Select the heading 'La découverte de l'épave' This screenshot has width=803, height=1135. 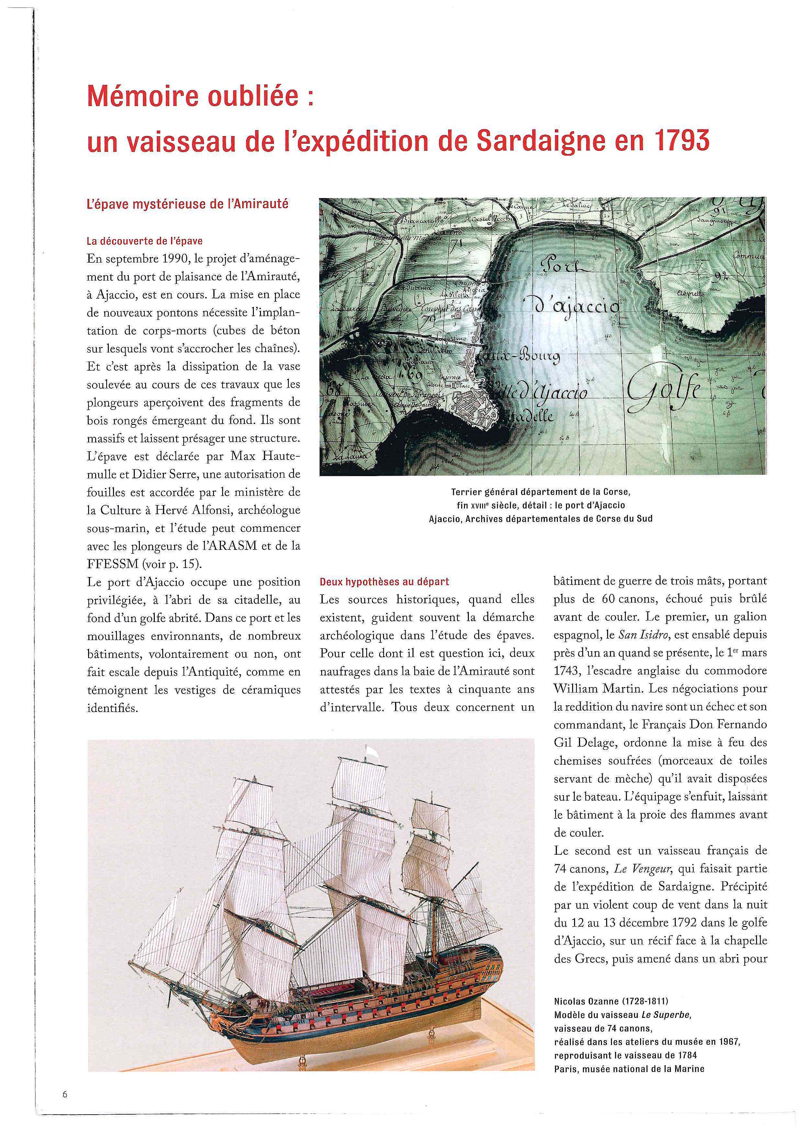[144, 241]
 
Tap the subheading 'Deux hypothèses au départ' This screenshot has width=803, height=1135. [384, 582]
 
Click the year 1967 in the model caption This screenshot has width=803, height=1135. [729, 1041]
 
